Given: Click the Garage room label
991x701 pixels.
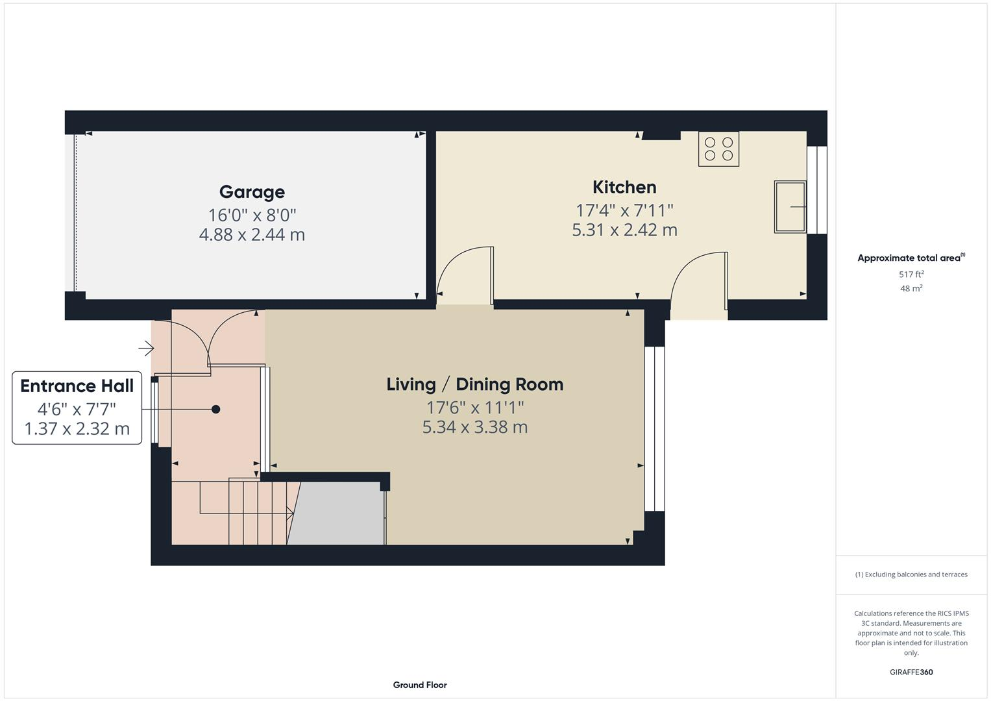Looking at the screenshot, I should pos(252,192).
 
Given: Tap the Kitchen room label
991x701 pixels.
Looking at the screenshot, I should pos(624,188).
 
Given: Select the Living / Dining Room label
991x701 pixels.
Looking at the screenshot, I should pos(474,384).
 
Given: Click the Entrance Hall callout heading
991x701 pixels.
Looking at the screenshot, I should pos(77,386).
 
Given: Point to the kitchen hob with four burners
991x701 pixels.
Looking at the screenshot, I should pos(718,149).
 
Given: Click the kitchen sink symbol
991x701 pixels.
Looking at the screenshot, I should pos(790,207).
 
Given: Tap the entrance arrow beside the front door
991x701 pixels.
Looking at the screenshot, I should pos(147,349).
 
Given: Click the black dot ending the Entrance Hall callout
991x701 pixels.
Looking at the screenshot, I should pos(216,409).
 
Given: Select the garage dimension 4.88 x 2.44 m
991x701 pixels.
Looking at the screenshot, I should pos(252,235).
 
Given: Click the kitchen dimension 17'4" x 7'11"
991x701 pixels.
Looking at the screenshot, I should pos(624,210).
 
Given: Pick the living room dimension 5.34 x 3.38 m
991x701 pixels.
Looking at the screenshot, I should pos(474,427).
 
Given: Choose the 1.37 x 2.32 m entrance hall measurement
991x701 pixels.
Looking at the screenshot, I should pos(77,429).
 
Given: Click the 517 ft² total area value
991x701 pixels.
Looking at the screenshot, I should pos(911,275).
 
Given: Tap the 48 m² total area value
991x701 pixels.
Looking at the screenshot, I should pos(911,288).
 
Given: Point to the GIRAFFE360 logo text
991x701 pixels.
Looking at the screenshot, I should pos(911,672).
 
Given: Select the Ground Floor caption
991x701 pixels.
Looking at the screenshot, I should pos(420,685).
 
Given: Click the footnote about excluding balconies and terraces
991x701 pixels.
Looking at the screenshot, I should pos(911,574).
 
